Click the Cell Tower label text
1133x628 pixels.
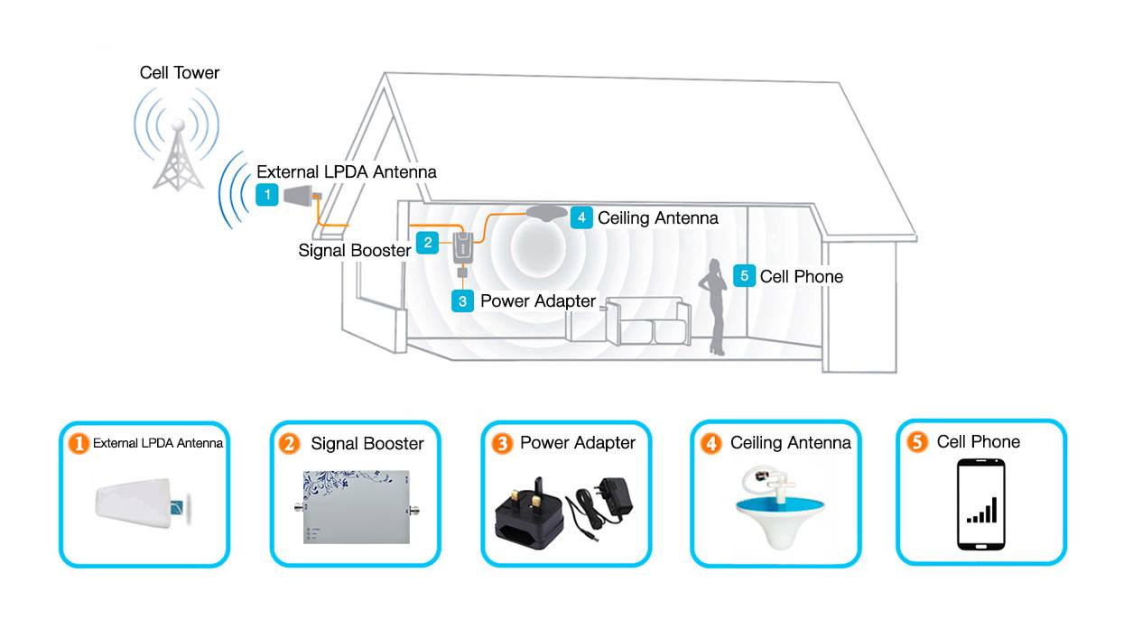pyautogui.click(x=179, y=72)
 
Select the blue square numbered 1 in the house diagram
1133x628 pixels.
pyautogui.click(x=266, y=194)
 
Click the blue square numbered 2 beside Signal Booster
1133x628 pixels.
pyautogui.click(x=427, y=242)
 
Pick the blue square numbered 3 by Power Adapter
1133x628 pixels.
pyautogui.click(x=462, y=300)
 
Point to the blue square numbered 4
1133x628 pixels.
pyautogui.click(x=581, y=217)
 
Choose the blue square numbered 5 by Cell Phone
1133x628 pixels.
pyautogui.click(x=744, y=276)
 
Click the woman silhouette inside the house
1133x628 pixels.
pyautogui.click(x=715, y=307)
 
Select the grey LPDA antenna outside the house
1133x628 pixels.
pyautogui.click(x=297, y=195)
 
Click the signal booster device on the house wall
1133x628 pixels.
pyautogui.click(x=461, y=245)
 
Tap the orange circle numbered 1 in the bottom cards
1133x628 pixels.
pyautogui.click(x=79, y=443)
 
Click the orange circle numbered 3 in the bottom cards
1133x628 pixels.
pyautogui.click(x=501, y=443)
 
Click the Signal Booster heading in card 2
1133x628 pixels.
pyautogui.click(x=367, y=443)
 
